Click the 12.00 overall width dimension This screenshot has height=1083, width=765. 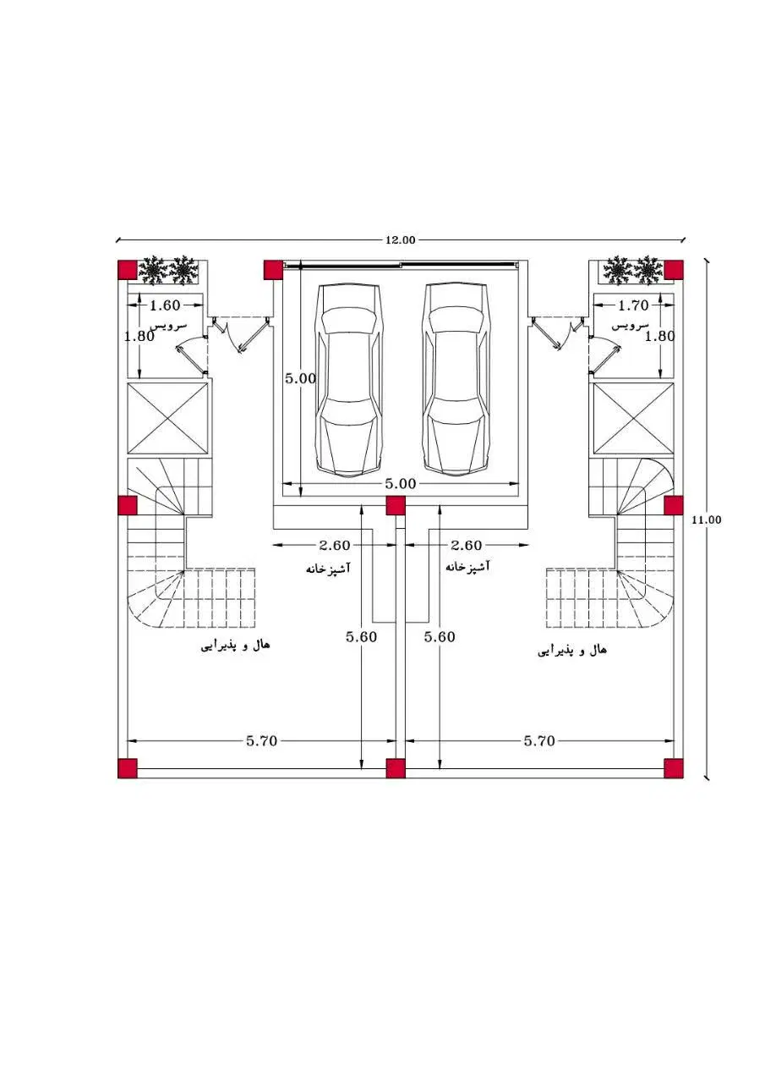[x=400, y=239]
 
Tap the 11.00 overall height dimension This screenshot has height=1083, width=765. [x=706, y=520]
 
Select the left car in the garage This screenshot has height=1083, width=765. [x=347, y=381]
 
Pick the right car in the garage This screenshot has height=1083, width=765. [x=456, y=381]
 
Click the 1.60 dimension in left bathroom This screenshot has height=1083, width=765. [x=165, y=305]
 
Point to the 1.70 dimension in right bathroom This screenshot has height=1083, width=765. [x=633, y=305]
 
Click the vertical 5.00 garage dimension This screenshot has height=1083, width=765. [x=300, y=378]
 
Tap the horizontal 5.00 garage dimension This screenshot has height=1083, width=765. [x=401, y=483]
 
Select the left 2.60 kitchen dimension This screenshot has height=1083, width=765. [x=334, y=545]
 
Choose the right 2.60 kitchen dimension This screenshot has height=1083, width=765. [x=466, y=545]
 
